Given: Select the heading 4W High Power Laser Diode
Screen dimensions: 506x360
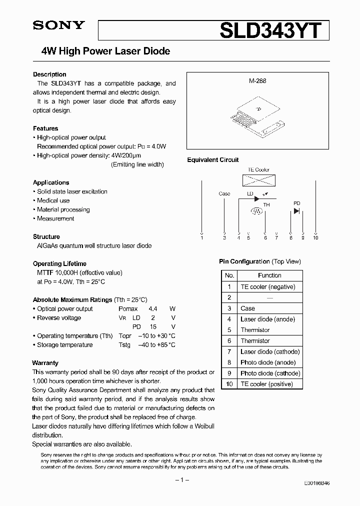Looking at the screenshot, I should pyautogui.click(x=105, y=51).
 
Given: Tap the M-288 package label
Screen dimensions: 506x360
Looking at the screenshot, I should pyautogui.click(x=257, y=80).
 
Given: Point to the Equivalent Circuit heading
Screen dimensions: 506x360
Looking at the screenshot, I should pyautogui.click(x=213, y=160).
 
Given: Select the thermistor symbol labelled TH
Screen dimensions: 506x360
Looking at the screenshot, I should pyautogui.click(x=256, y=211).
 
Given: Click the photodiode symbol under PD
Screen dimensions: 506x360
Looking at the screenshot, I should pyautogui.click(x=296, y=211).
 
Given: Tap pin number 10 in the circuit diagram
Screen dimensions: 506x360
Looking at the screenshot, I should pyautogui.click(x=315, y=237).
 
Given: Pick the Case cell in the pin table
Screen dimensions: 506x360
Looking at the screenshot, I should pyautogui.click(x=247, y=308).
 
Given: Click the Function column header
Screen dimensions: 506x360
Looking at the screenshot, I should pyautogui.click(x=269, y=275).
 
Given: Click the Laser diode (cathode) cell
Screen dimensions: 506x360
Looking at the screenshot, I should pyautogui.click(x=270, y=351).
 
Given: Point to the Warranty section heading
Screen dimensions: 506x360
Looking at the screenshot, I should pyautogui.click(x=45, y=363).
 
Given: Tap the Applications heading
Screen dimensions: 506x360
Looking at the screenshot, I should pyautogui.click(x=51, y=182).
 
